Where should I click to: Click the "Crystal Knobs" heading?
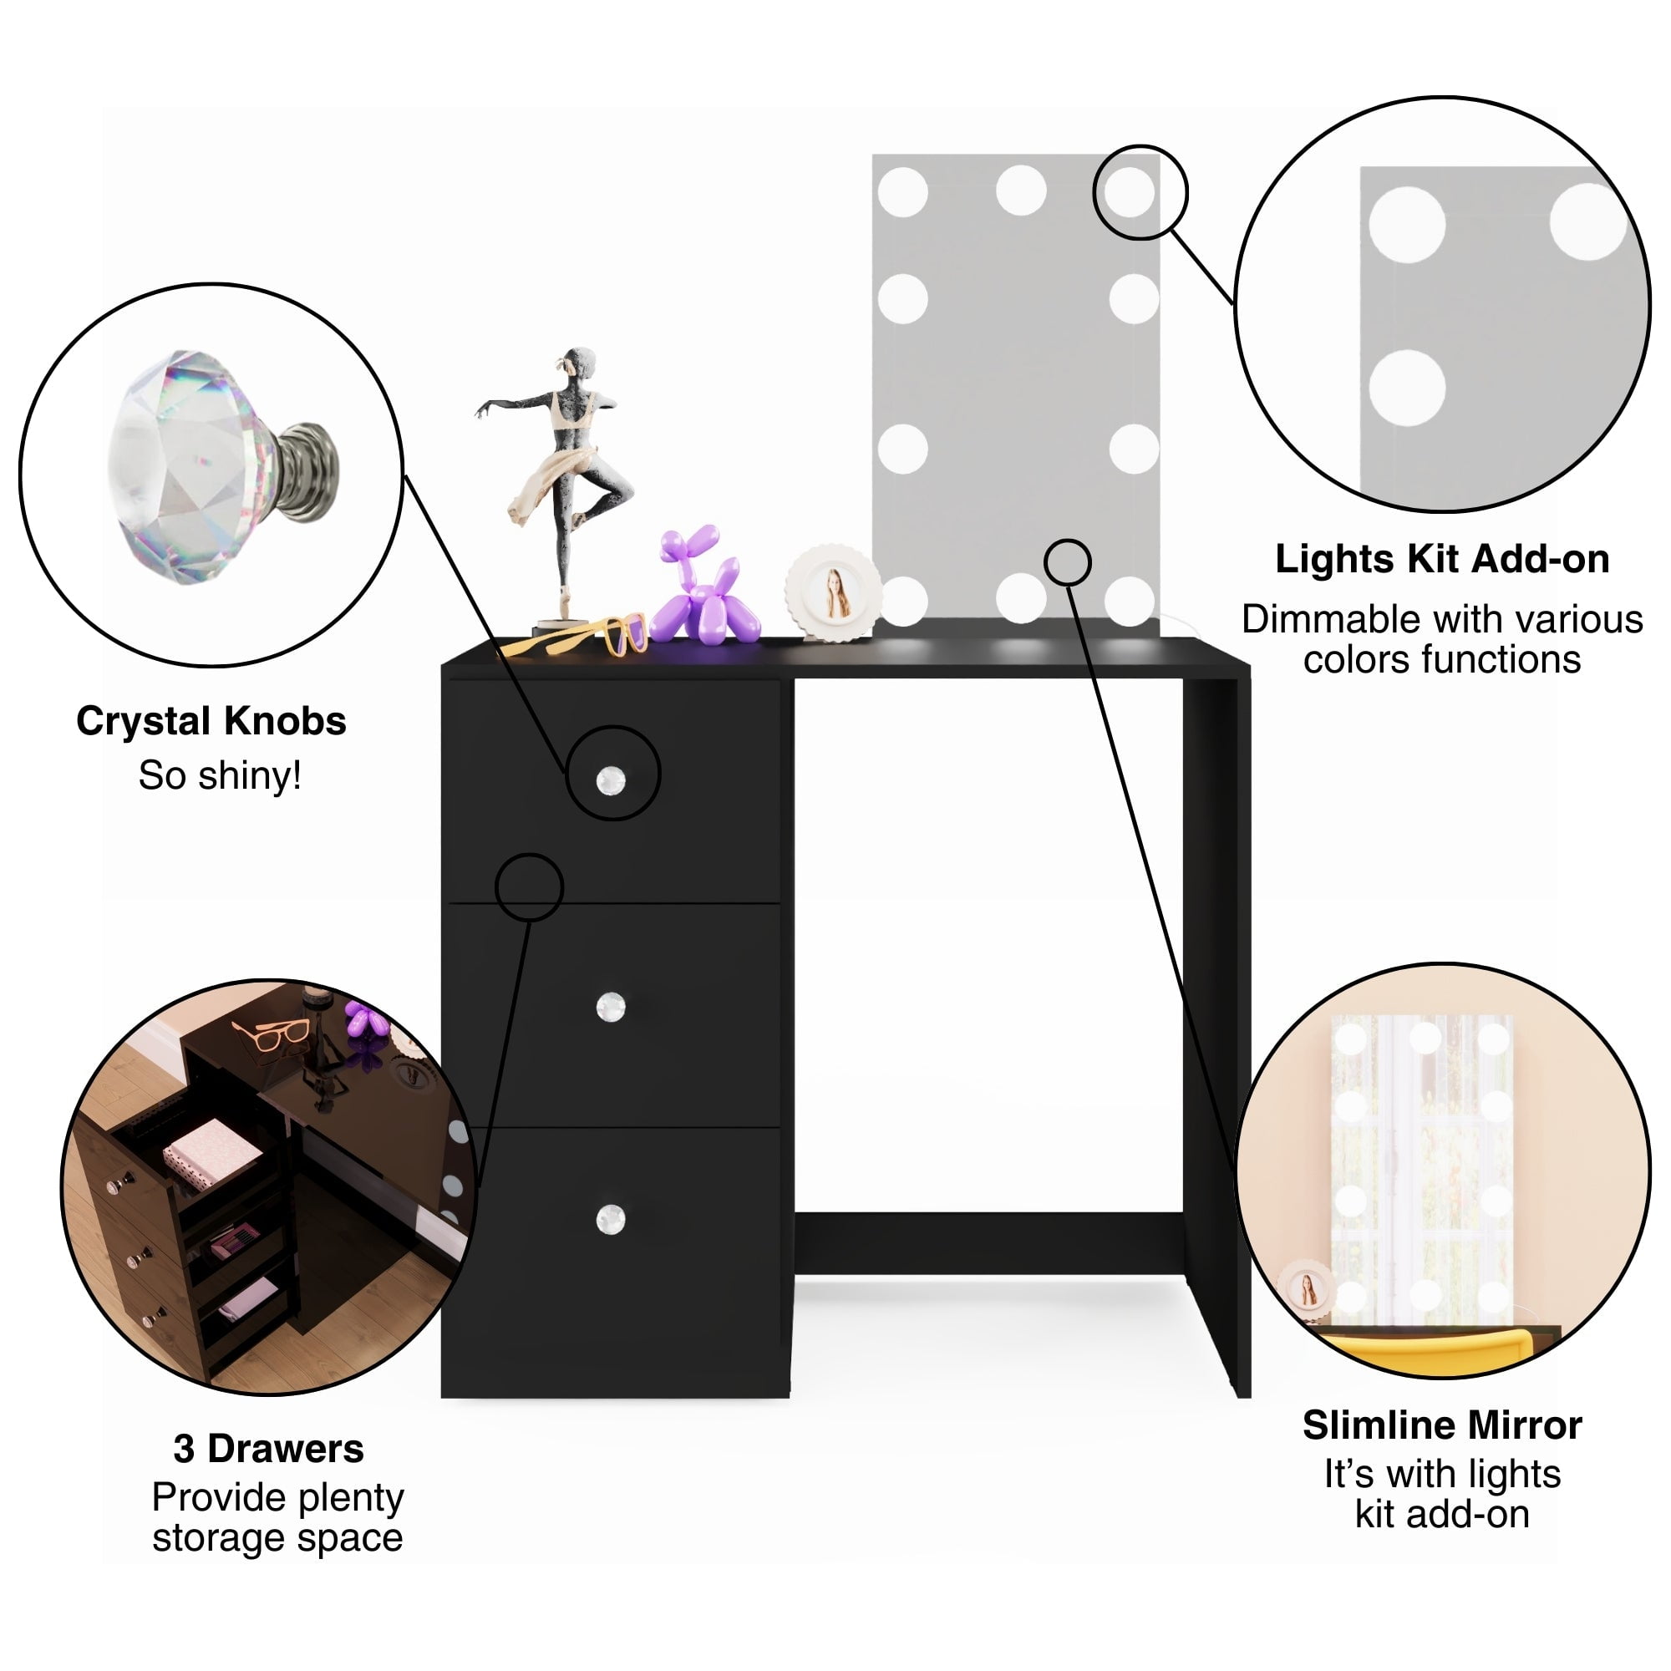click(211, 721)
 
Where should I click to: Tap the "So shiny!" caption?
click(220, 776)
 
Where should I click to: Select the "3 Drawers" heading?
click(268, 1448)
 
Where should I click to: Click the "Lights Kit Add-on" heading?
click(1442, 560)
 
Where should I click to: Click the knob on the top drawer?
click(611, 780)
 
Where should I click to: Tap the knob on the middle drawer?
click(611, 1007)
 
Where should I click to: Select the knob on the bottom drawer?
click(611, 1220)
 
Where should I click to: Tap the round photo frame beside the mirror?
click(833, 592)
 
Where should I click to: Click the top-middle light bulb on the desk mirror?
click(1021, 190)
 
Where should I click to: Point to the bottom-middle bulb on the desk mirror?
click(1021, 598)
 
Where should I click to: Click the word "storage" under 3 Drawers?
click(211, 1538)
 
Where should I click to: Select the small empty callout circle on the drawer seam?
click(530, 887)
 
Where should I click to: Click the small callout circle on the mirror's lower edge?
click(1067, 563)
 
